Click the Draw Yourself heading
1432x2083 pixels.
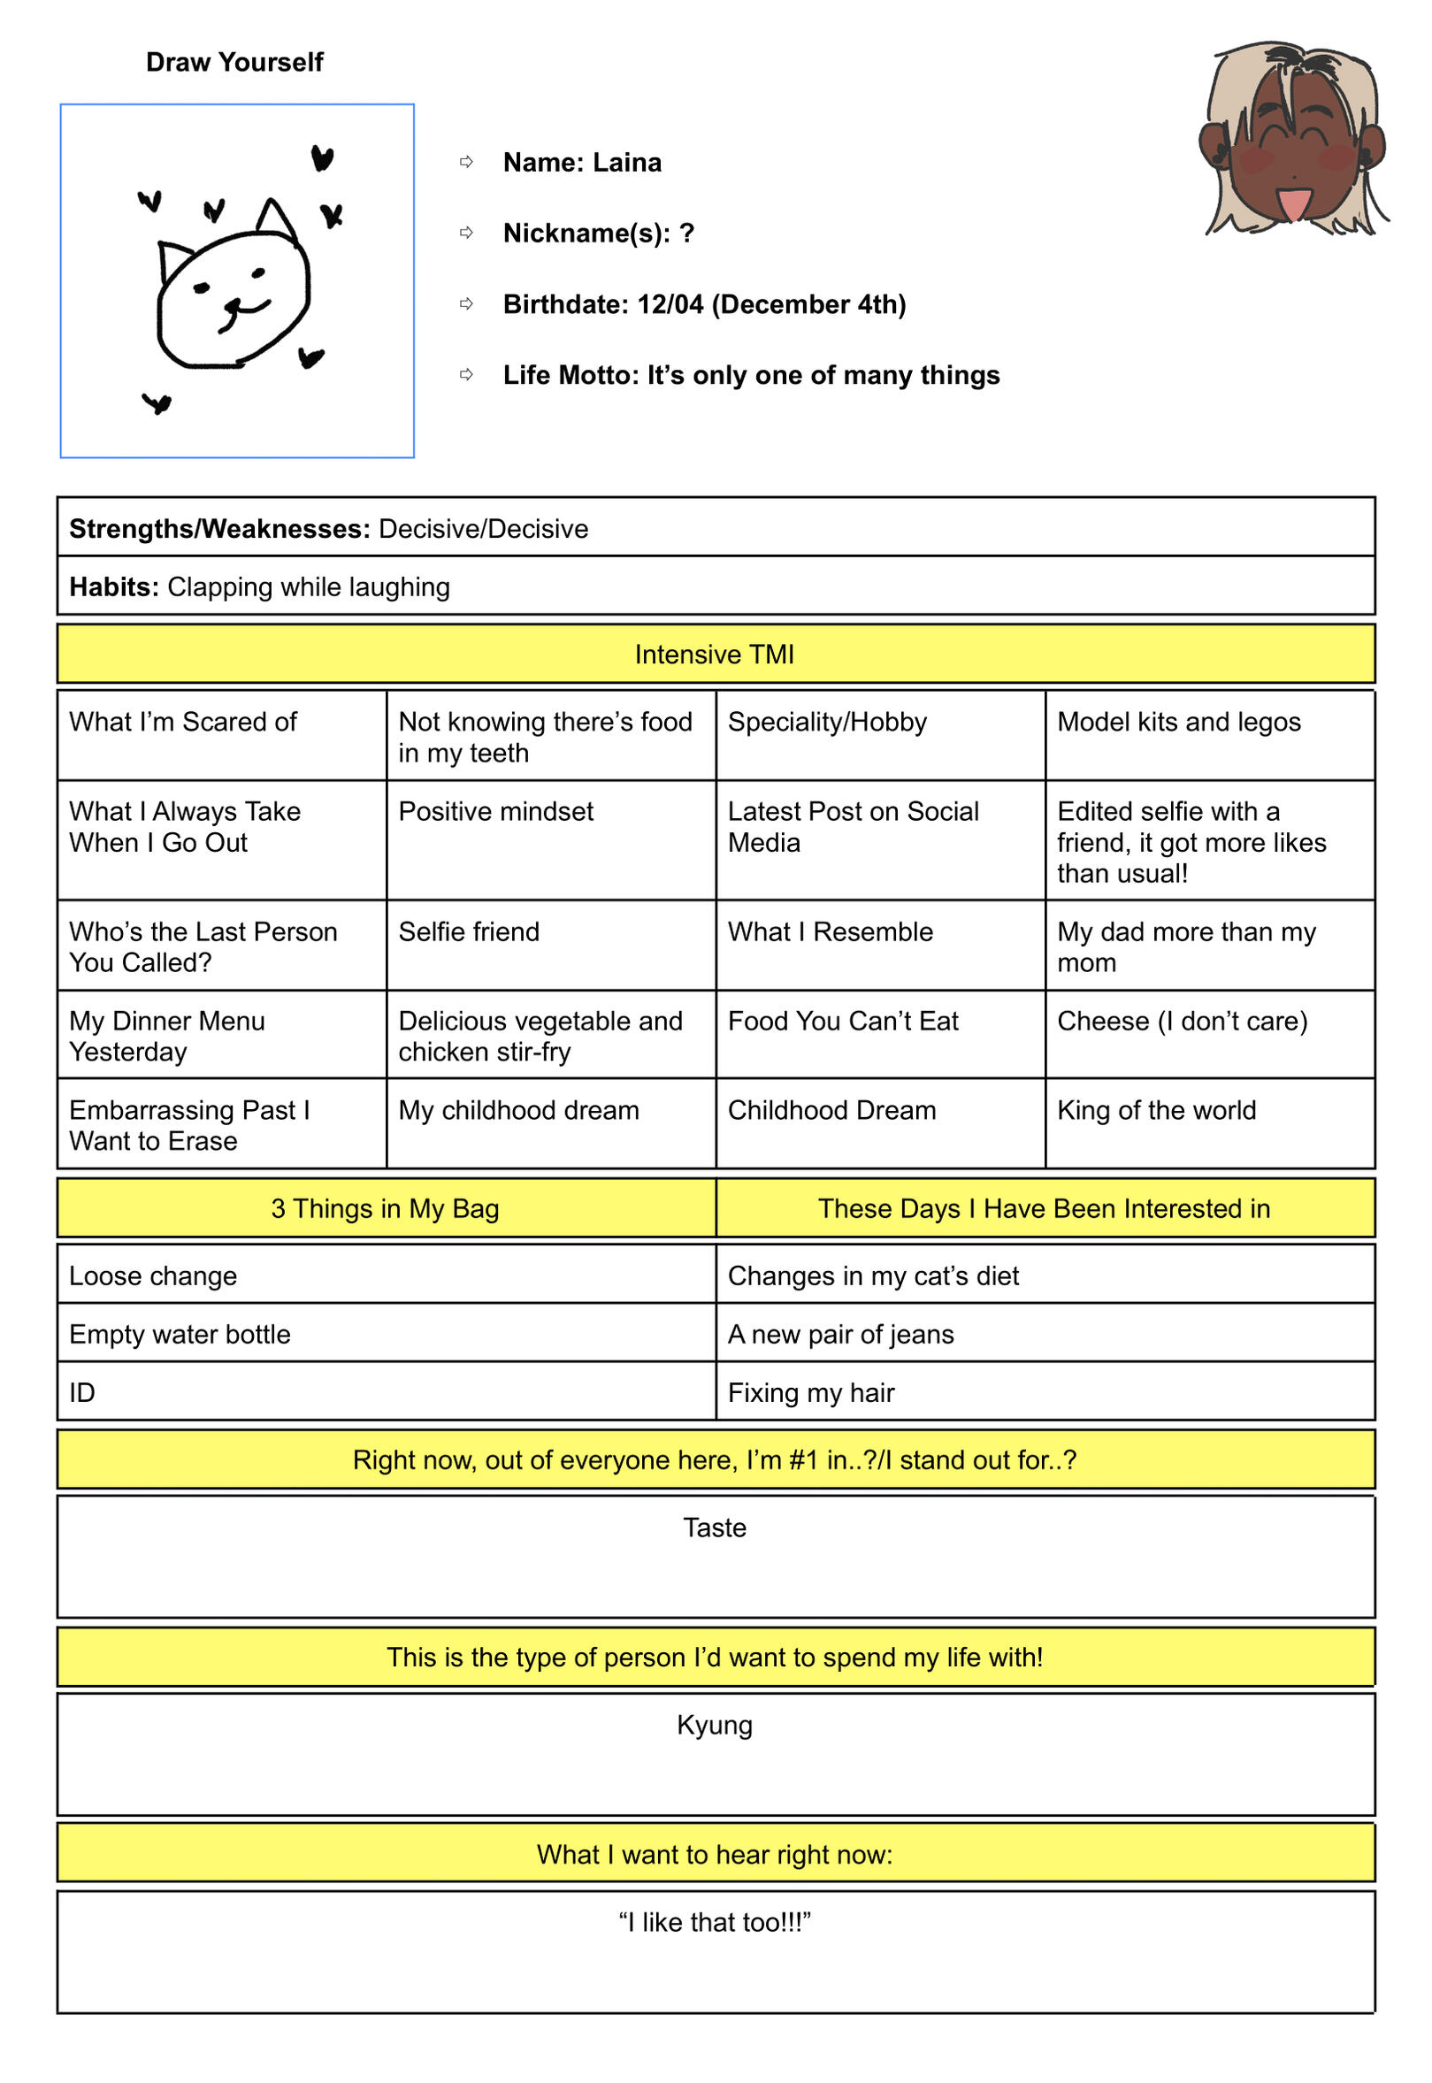(x=234, y=62)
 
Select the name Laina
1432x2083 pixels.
(x=627, y=163)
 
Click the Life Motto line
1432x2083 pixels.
(x=751, y=375)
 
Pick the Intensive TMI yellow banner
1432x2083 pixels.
(x=715, y=655)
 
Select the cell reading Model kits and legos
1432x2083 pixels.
(x=1178, y=722)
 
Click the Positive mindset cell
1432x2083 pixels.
(x=496, y=812)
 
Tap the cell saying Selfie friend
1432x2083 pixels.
(x=470, y=932)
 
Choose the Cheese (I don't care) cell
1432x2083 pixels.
(x=1182, y=1021)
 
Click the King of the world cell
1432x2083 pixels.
(x=1156, y=1111)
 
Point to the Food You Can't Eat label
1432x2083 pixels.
(x=843, y=1021)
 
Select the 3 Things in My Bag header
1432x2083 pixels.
(x=385, y=1209)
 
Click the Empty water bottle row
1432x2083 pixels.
(x=180, y=1335)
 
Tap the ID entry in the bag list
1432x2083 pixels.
(x=82, y=1393)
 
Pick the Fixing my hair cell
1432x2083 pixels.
(x=811, y=1393)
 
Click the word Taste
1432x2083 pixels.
(x=715, y=1528)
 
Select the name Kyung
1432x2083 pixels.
(x=715, y=1725)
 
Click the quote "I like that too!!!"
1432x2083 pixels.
(x=715, y=1922)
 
